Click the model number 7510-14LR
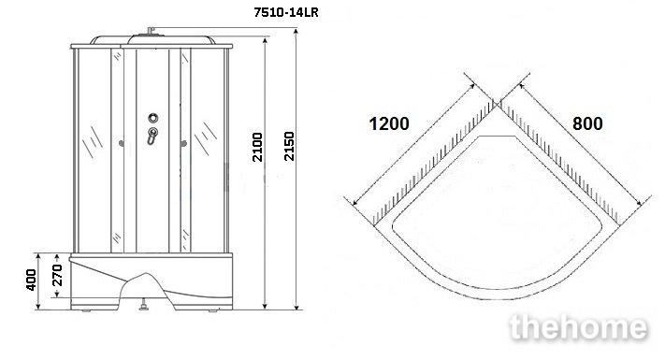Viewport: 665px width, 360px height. click(286, 12)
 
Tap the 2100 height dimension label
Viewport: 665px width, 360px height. click(258, 147)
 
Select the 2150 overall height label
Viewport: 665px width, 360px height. click(289, 146)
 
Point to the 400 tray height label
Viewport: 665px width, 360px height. click(31, 280)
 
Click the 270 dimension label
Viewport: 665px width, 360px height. click(57, 275)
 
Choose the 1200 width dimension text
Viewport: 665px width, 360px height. click(389, 123)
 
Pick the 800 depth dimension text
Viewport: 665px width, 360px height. click(587, 123)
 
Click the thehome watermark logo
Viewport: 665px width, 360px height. click(579, 327)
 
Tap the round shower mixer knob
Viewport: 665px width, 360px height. click(153, 118)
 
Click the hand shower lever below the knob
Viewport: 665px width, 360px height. click(152, 136)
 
